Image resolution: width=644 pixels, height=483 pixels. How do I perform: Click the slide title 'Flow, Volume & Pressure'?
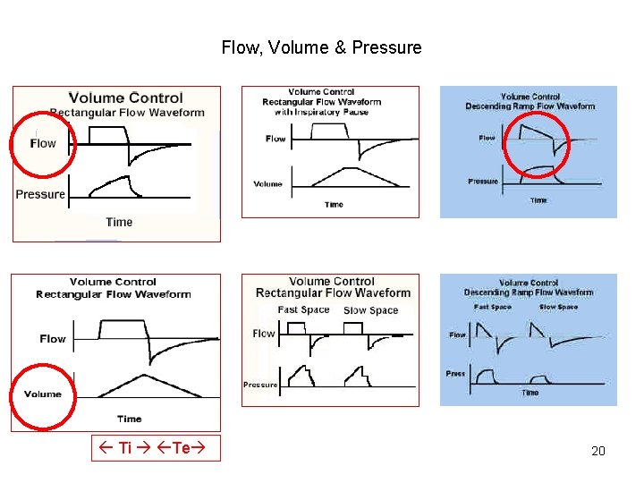pos(321,47)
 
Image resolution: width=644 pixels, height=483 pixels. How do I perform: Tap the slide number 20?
pos(598,451)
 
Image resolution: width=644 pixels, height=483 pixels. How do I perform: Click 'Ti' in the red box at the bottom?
pos(124,447)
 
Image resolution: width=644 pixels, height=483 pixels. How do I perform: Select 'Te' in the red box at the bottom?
pos(181,447)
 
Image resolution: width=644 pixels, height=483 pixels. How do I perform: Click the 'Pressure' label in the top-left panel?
pos(40,194)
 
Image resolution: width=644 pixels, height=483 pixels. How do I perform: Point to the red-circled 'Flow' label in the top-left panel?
pos(43,143)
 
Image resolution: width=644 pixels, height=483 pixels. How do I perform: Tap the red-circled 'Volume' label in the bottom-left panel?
pos(43,394)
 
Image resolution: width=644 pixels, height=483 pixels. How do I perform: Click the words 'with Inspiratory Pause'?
pos(321,112)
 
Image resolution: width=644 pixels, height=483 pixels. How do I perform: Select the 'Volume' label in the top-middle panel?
pos(267,184)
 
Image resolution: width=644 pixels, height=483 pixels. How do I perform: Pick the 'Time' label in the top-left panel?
pos(119,222)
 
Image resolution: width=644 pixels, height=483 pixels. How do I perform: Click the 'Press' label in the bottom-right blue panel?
pos(456,373)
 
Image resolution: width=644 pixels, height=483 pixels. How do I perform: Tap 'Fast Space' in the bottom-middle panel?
pos(303,309)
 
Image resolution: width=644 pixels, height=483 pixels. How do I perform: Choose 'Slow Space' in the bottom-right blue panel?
pos(559,307)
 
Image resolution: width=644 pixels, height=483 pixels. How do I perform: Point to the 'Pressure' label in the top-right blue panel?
pos(483,182)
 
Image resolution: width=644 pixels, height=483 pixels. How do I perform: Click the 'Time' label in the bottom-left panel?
pos(130,419)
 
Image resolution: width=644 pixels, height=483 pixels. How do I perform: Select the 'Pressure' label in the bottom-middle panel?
pos(259,385)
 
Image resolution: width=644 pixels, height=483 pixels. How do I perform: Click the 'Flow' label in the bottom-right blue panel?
pos(457,335)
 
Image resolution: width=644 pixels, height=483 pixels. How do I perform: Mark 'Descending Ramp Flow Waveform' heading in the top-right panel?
pos(530,106)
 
